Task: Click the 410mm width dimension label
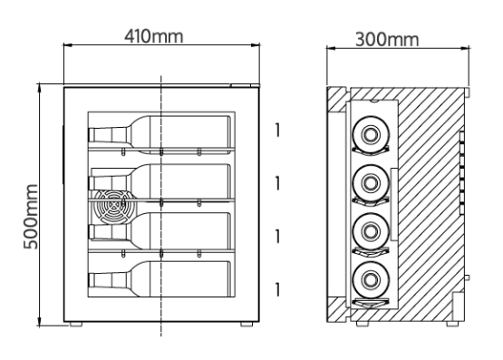154,36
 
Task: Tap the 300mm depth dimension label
387,40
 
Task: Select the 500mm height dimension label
31,217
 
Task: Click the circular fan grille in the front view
112,207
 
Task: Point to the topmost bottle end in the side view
371,134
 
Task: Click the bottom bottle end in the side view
371,279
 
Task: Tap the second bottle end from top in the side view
371,183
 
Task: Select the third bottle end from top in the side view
371,231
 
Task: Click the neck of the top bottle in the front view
108,135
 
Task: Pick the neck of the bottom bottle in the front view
108,280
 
